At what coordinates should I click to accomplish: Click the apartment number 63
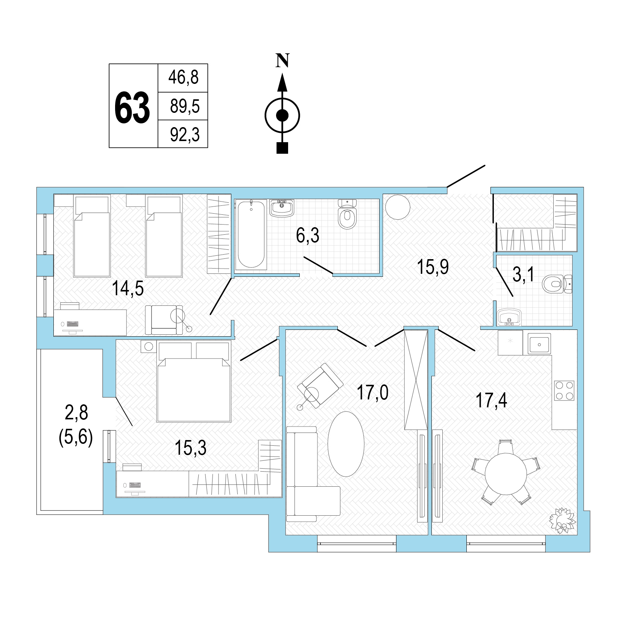tap(132, 108)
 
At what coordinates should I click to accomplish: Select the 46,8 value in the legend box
tap(183, 78)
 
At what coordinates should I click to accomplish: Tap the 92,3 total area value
tap(185, 134)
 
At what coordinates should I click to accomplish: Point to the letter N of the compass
tap(282, 60)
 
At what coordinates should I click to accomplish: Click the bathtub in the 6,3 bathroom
tap(251, 234)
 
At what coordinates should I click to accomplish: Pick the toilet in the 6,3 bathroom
tap(347, 214)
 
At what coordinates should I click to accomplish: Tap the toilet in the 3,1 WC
tap(557, 284)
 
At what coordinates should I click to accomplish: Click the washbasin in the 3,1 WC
tap(509, 317)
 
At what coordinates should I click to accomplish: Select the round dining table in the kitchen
tap(506, 474)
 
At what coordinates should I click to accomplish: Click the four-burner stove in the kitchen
tap(564, 390)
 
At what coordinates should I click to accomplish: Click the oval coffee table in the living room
tap(346, 444)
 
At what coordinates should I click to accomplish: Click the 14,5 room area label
tap(128, 288)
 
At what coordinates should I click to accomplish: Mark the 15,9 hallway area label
tap(433, 267)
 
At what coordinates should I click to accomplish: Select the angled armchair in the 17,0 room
tap(320, 386)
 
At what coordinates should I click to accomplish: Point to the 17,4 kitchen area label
tap(492, 400)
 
